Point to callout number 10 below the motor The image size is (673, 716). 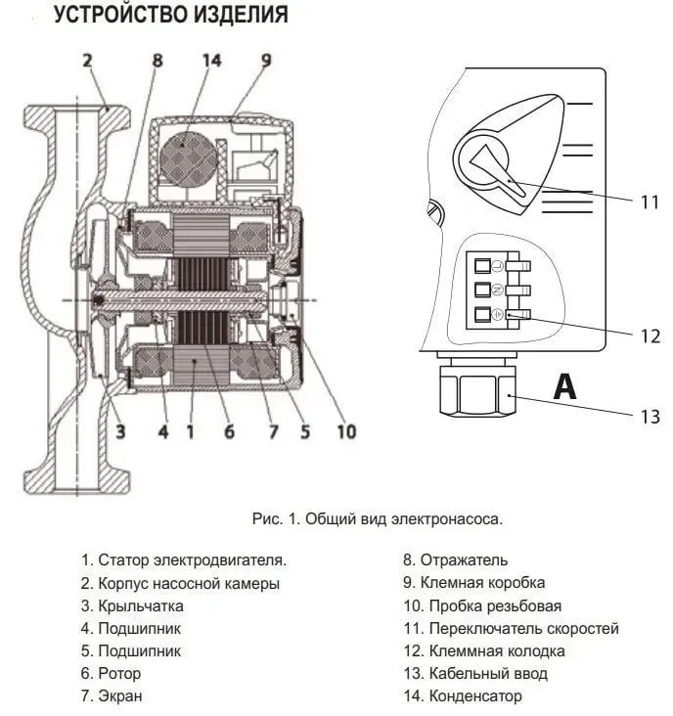point(345,431)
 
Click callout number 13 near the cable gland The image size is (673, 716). point(651,416)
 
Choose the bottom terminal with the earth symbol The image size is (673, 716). point(482,315)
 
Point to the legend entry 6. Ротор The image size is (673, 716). point(112,674)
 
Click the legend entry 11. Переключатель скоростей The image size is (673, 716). point(511,629)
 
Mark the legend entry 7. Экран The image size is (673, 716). point(112,696)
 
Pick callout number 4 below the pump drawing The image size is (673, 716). point(163,431)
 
